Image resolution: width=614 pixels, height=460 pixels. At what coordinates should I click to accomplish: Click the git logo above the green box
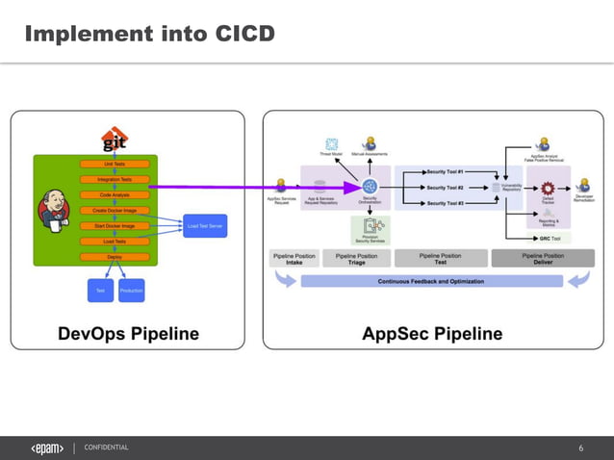coord(115,141)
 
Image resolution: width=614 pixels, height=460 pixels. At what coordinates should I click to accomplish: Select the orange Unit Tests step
coord(115,164)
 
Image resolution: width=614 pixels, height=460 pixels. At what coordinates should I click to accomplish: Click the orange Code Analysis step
coord(115,194)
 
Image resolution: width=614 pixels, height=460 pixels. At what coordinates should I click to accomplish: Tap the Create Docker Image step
coord(115,210)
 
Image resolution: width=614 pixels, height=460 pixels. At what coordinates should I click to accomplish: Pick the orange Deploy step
coord(115,257)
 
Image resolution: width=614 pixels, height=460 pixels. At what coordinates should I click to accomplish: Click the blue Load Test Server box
coord(204,227)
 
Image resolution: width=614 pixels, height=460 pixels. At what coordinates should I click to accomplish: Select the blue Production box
coord(131,290)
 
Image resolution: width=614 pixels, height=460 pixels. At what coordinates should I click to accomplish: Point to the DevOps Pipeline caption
coord(128,334)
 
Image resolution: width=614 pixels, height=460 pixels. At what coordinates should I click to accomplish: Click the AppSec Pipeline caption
coord(432,334)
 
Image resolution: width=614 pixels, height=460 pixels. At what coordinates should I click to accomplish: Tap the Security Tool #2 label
coord(446,188)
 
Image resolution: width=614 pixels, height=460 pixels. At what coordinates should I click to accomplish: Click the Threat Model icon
coord(332,144)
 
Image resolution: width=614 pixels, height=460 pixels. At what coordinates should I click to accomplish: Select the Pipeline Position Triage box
coord(356,258)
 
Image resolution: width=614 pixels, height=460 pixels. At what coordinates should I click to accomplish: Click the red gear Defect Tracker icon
coord(548,189)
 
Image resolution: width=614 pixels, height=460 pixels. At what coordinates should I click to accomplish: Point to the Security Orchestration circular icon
coord(370,187)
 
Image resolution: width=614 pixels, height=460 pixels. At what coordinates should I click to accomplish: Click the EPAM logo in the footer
coord(47,447)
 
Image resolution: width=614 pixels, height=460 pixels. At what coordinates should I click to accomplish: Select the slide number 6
coord(580,448)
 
